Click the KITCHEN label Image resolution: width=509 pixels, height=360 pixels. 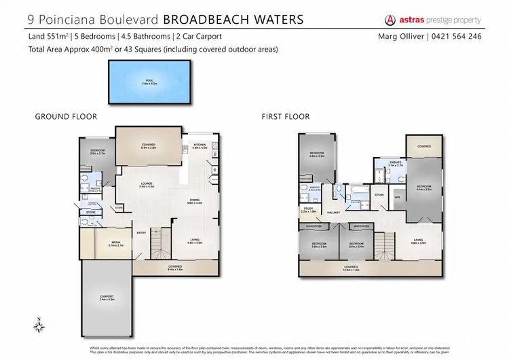click(200, 146)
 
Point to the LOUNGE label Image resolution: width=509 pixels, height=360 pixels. click(147, 184)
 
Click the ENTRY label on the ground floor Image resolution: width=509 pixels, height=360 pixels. click(141, 233)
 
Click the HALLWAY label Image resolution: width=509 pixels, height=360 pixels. click(334, 213)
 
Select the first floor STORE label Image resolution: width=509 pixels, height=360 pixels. click(379, 194)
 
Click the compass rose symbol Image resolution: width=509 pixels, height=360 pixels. click(40, 325)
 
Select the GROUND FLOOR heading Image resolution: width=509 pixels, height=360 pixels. click(66, 117)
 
